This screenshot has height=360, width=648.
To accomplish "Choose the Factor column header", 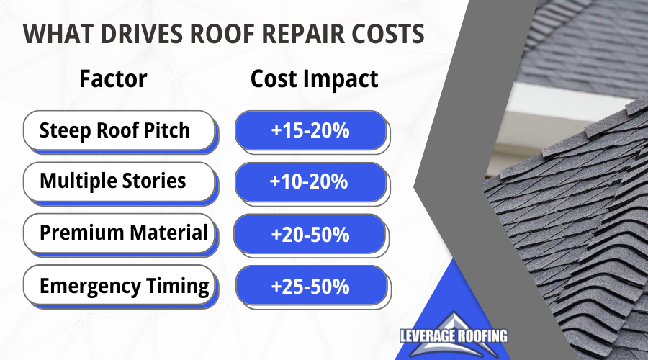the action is pyautogui.click(x=113, y=78).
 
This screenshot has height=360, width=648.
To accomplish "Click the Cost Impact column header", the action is pyautogui.click(x=314, y=79).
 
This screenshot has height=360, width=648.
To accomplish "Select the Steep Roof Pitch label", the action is pyautogui.click(x=114, y=130).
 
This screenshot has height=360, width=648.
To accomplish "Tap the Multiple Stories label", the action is pyautogui.click(x=113, y=181).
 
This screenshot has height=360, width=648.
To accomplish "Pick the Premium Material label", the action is pyautogui.click(x=124, y=233).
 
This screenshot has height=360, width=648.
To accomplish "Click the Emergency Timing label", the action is pyautogui.click(x=125, y=286).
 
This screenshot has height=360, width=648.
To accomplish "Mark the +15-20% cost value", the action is pyautogui.click(x=310, y=130).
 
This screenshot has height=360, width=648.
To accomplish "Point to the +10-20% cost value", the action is pyautogui.click(x=309, y=181).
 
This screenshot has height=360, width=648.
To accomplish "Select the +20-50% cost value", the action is pyautogui.click(x=310, y=234).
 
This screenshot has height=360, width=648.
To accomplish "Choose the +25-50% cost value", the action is pyautogui.click(x=310, y=286).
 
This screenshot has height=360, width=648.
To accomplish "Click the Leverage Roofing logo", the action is pyautogui.click(x=454, y=336).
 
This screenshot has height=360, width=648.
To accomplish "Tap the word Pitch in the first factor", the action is pyautogui.click(x=166, y=130).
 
